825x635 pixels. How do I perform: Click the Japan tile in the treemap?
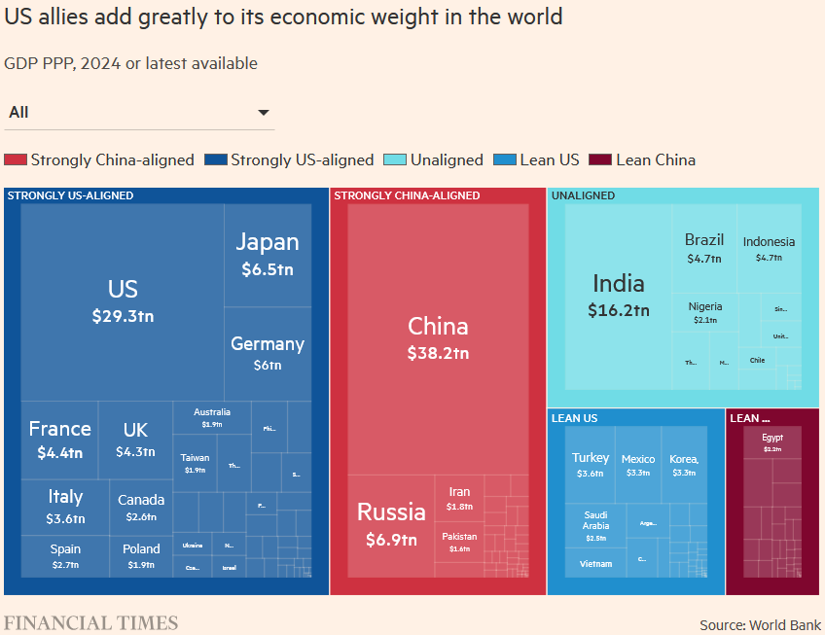click(268, 255)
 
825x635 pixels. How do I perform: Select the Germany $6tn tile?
click(268, 353)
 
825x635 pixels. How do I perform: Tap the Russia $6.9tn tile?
click(391, 523)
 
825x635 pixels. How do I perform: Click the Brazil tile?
click(704, 248)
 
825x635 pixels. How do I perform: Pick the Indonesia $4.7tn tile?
click(769, 249)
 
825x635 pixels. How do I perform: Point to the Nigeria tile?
click(705, 312)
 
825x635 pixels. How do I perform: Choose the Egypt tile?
click(772, 442)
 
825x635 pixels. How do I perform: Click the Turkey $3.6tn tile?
click(591, 465)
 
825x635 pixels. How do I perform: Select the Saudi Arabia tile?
click(595, 525)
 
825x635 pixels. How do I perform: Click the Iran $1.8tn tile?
click(459, 499)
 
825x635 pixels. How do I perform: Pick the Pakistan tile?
click(459, 542)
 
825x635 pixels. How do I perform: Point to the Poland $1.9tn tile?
click(141, 556)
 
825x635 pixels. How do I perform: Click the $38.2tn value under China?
click(438, 353)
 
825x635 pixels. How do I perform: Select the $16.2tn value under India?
click(619, 311)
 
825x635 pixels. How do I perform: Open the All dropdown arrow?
click(263, 113)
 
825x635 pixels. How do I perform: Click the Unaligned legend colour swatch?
click(395, 160)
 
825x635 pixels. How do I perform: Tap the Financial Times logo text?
click(90, 623)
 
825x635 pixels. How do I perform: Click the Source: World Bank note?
click(760, 624)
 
